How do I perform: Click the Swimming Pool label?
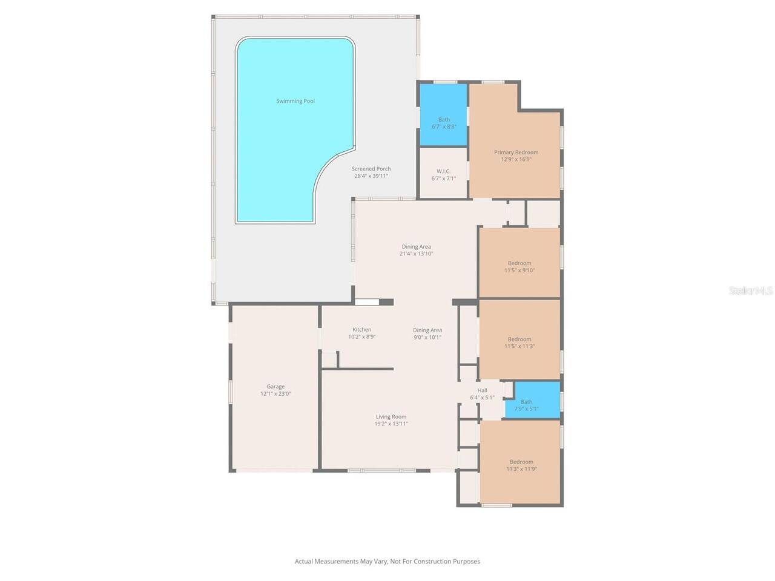(x=295, y=101)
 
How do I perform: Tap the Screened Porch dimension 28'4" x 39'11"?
(x=371, y=176)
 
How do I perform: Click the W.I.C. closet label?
(x=443, y=171)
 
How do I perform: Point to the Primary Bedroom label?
(x=516, y=153)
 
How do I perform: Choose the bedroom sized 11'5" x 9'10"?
(x=519, y=267)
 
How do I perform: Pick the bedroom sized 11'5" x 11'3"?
(x=519, y=343)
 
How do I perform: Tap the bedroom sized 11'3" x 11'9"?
(x=521, y=465)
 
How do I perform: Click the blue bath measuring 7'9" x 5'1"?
(x=526, y=405)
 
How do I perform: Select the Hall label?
(x=482, y=390)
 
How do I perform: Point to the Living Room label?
(x=391, y=416)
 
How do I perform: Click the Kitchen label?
(x=361, y=330)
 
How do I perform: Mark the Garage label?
(x=275, y=387)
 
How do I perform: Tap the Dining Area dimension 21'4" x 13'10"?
(x=417, y=254)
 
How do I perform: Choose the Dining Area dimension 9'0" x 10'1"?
(x=427, y=337)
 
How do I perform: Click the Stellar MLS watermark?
(x=750, y=291)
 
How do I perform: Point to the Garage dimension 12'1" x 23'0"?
(x=275, y=394)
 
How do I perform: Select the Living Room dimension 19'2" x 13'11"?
(x=391, y=424)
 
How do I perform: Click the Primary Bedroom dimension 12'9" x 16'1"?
(x=516, y=160)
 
